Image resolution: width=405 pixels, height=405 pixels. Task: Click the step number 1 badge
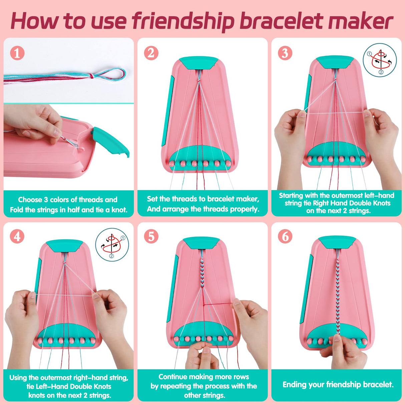[x=17, y=53]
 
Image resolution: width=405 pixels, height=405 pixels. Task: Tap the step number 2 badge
[x=151, y=53]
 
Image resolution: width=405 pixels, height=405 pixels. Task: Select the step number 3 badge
[x=285, y=53]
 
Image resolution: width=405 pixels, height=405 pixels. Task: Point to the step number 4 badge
[x=17, y=237]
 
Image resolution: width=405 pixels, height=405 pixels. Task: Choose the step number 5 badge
[x=151, y=237]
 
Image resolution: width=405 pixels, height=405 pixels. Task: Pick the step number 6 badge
[x=285, y=237]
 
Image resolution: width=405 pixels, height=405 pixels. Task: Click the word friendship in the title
[x=183, y=21]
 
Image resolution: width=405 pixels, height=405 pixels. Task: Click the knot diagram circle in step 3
[x=380, y=60]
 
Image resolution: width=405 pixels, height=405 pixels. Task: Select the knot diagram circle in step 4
[x=112, y=245]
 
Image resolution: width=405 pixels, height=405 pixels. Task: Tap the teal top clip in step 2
[x=199, y=63]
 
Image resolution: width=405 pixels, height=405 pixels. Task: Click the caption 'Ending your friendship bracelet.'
[x=338, y=385]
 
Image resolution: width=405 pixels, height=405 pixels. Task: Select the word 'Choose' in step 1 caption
[x=30, y=200]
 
